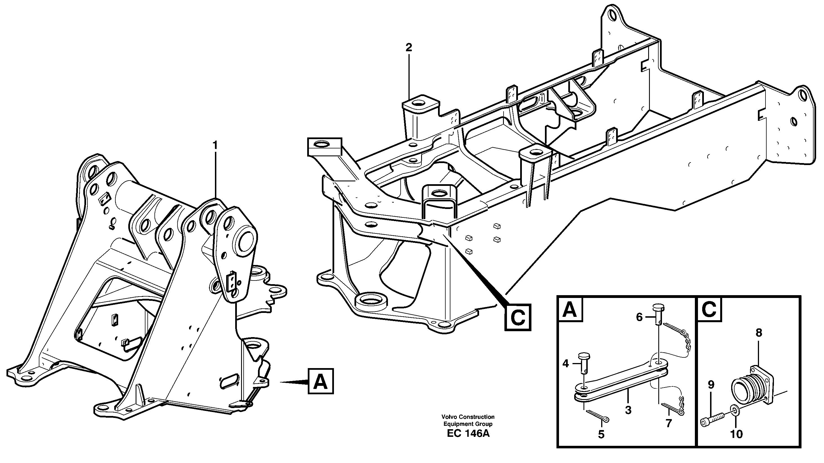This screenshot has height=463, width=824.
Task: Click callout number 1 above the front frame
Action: pos(215,146)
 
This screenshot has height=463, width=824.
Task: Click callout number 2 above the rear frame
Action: pos(408,48)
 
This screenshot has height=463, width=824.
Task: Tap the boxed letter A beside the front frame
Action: pos(320,381)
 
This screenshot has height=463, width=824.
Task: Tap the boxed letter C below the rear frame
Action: pos(518,317)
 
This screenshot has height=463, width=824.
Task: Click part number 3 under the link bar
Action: pos(628,410)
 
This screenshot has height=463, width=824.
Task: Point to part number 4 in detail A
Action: pos(565,364)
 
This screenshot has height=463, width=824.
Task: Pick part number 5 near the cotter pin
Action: pos(601,434)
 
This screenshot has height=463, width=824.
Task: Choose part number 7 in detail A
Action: pos(668,423)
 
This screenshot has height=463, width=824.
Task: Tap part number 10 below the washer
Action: pos(736,434)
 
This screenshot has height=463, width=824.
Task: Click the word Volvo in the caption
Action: pos(450,417)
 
